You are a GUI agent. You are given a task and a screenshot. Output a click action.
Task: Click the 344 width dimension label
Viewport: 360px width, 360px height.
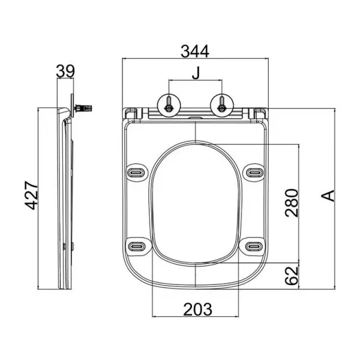tap(195, 51)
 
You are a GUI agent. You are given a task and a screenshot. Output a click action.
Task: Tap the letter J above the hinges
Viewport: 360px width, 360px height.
tap(196, 73)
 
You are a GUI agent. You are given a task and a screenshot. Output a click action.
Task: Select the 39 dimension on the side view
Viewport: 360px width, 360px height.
tap(65, 71)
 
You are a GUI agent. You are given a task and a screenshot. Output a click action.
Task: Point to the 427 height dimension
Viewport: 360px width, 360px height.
tap(31, 196)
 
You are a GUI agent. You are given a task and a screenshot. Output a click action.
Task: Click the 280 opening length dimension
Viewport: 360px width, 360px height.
tap(292, 203)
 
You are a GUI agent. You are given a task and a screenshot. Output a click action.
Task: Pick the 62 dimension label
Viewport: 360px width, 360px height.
tap(292, 275)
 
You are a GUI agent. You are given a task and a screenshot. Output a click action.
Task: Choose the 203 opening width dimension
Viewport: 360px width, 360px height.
tap(197, 310)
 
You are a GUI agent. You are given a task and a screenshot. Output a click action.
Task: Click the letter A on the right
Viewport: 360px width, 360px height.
tap(328, 196)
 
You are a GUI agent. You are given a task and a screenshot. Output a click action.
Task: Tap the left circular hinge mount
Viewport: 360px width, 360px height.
tap(169, 106)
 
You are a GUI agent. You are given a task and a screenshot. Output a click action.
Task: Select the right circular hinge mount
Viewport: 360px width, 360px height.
tap(222, 106)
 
